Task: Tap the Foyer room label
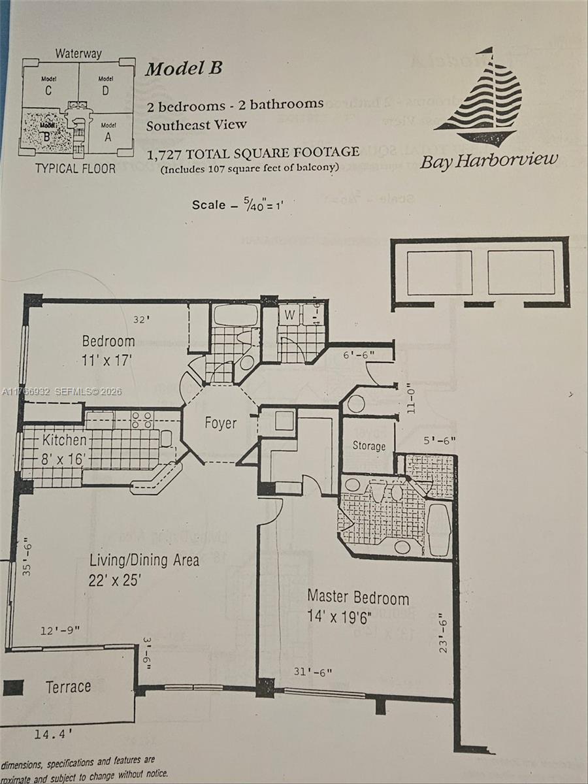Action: (x=220, y=423)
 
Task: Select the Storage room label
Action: (x=369, y=446)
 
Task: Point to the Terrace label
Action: (x=68, y=687)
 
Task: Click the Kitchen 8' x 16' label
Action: (x=64, y=449)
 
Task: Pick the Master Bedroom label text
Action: (x=358, y=597)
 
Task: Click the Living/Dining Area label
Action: (x=144, y=560)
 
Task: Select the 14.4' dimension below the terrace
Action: (x=52, y=734)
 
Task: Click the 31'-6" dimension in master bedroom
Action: (x=313, y=672)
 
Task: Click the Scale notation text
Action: (x=238, y=204)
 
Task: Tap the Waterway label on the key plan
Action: (x=78, y=53)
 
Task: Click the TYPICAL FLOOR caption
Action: (x=75, y=169)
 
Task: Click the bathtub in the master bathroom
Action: (x=438, y=529)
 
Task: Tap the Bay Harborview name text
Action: (x=489, y=160)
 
